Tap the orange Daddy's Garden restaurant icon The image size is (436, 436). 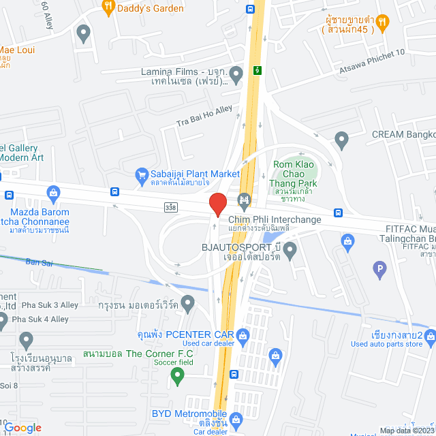click(x=108, y=7)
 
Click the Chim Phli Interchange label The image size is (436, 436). click(x=275, y=219)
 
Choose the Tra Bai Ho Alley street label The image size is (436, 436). click(x=204, y=116)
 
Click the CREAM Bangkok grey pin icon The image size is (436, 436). click(x=342, y=141)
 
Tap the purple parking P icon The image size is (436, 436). click(x=380, y=270)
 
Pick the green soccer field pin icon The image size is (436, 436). click(x=178, y=374)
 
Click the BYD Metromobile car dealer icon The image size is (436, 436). click(x=236, y=418)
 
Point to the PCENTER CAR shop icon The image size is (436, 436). click(x=243, y=334)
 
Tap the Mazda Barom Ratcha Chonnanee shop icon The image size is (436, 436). click(x=53, y=193)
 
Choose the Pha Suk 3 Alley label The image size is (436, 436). click(x=40, y=305)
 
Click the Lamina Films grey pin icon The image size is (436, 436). click(x=236, y=73)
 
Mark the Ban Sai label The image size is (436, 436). click(x=39, y=261)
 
